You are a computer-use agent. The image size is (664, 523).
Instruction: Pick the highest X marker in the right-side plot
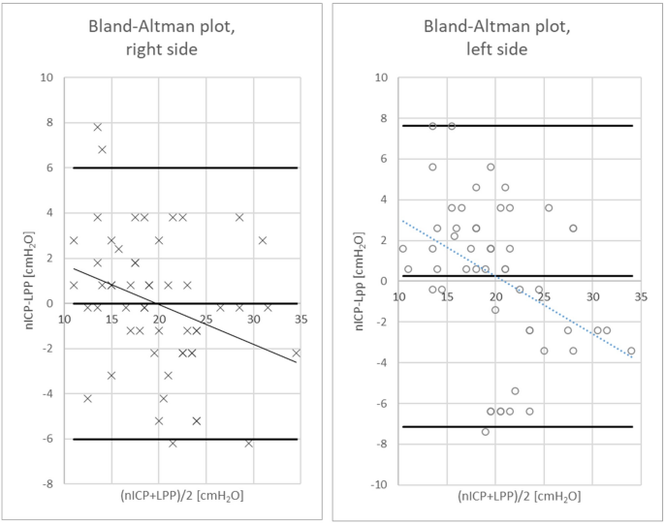tap(98, 127)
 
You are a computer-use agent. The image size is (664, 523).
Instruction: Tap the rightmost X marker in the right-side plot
tap(297, 353)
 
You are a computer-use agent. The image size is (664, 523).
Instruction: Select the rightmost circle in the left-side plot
tap(631, 351)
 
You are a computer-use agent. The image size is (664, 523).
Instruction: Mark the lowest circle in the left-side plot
tap(486, 432)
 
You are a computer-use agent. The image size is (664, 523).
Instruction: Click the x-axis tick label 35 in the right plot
tap(297, 318)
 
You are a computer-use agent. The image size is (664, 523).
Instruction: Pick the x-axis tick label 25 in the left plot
tap(544, 295)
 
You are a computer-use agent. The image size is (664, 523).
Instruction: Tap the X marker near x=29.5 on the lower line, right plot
tap(249, 444)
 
